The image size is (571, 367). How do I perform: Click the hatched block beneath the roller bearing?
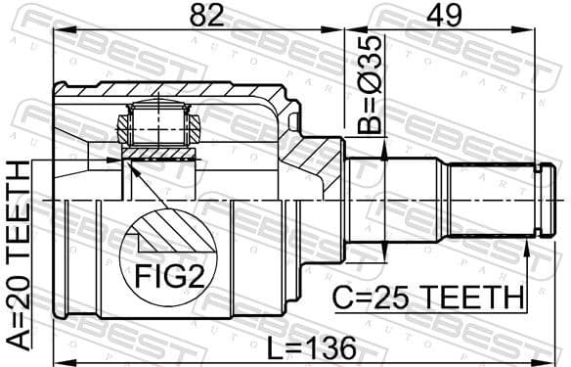(157, 154)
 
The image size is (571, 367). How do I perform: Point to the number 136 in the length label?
(330, 346)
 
